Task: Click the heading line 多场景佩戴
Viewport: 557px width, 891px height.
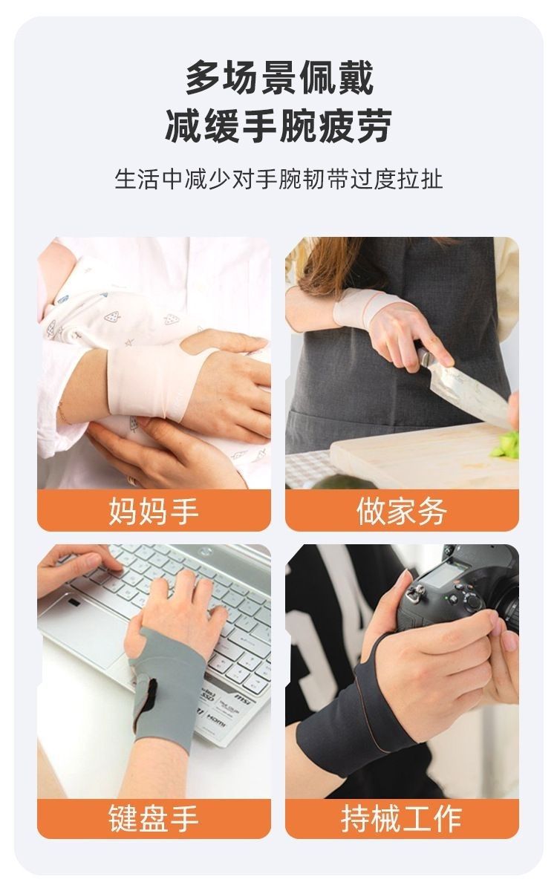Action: [279, 77]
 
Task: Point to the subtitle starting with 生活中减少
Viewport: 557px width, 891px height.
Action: [278, 180]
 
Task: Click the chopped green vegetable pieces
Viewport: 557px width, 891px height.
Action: [506, 445]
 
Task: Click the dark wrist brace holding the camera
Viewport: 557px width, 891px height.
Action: [350, 716]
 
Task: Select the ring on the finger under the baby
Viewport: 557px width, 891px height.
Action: [132, 480]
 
